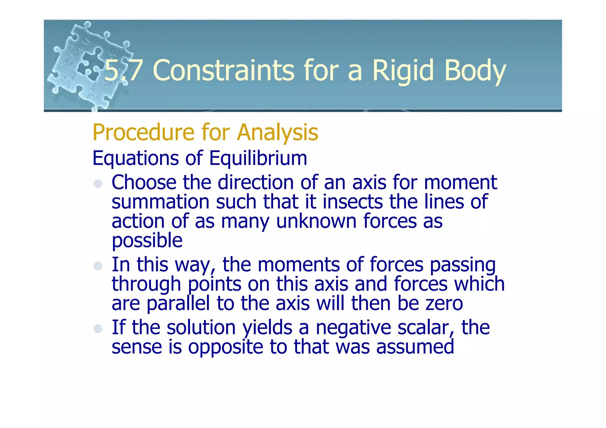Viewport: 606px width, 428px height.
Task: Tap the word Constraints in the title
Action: click(x=223, y=70)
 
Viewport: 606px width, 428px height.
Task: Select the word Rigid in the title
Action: click(x=403, y=70)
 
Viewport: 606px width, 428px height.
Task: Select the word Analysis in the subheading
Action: click(x=277, y=133)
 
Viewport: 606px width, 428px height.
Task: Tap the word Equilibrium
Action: click(x=258, y=158)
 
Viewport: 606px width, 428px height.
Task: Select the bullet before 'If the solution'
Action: click(x=98, y=329)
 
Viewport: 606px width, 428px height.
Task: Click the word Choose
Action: click(x=144, y=182)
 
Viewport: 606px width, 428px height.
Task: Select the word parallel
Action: click(x=178, y=304)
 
